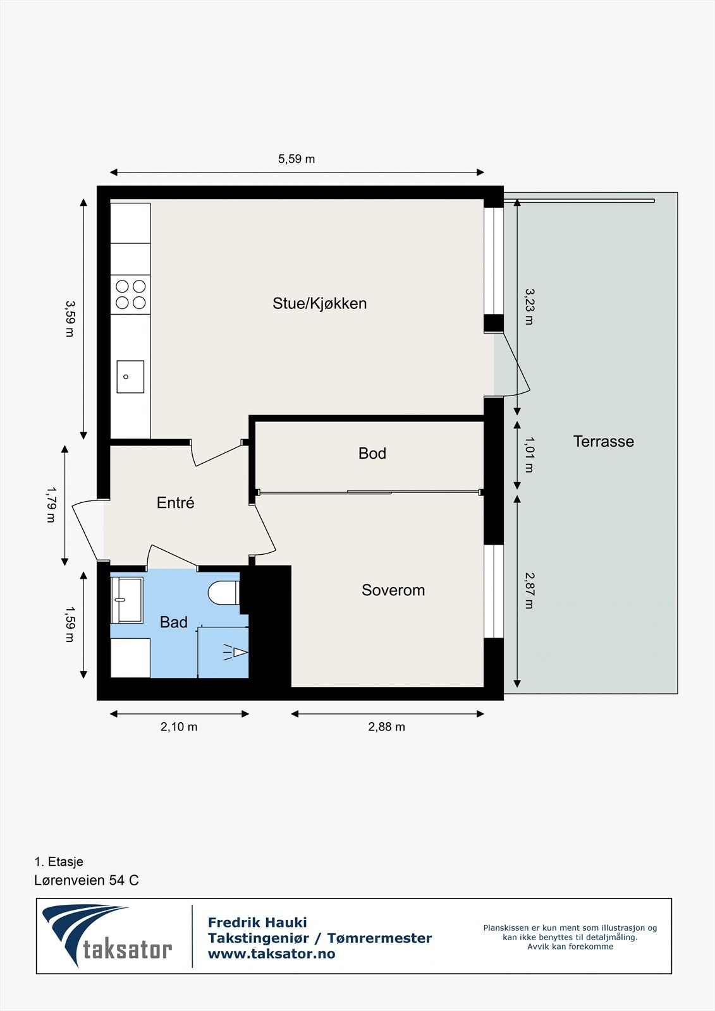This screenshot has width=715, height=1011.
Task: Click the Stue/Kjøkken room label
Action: tap(319, 303)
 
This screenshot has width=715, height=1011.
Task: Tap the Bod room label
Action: tap(372, 453)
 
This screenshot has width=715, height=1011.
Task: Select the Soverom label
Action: tap(393, 590)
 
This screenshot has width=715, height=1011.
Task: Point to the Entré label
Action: tap(175, 503)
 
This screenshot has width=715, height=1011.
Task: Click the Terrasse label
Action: tap(603, 442)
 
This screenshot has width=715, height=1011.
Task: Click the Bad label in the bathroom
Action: tap(173, 622)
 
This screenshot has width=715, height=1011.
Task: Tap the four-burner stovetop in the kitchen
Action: tap(131, 294)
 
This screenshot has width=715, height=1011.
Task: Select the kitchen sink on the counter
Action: tap(130, 377)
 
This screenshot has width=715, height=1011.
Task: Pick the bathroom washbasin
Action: tap(126, 599)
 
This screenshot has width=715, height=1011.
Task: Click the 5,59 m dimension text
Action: tap(296, 159)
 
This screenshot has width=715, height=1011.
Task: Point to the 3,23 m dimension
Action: tap(529, 306)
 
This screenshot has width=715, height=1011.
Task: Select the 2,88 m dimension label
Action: tap(386, 727)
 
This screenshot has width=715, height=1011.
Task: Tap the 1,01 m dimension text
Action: tap(529, 454)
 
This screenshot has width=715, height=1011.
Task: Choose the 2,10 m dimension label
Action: tap(179, 727)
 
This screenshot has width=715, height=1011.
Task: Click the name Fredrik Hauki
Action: tap(257, 923)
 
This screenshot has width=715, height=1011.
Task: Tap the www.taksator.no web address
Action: tap(271, 954)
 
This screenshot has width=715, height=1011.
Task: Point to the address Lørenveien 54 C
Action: tap(87, 880)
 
